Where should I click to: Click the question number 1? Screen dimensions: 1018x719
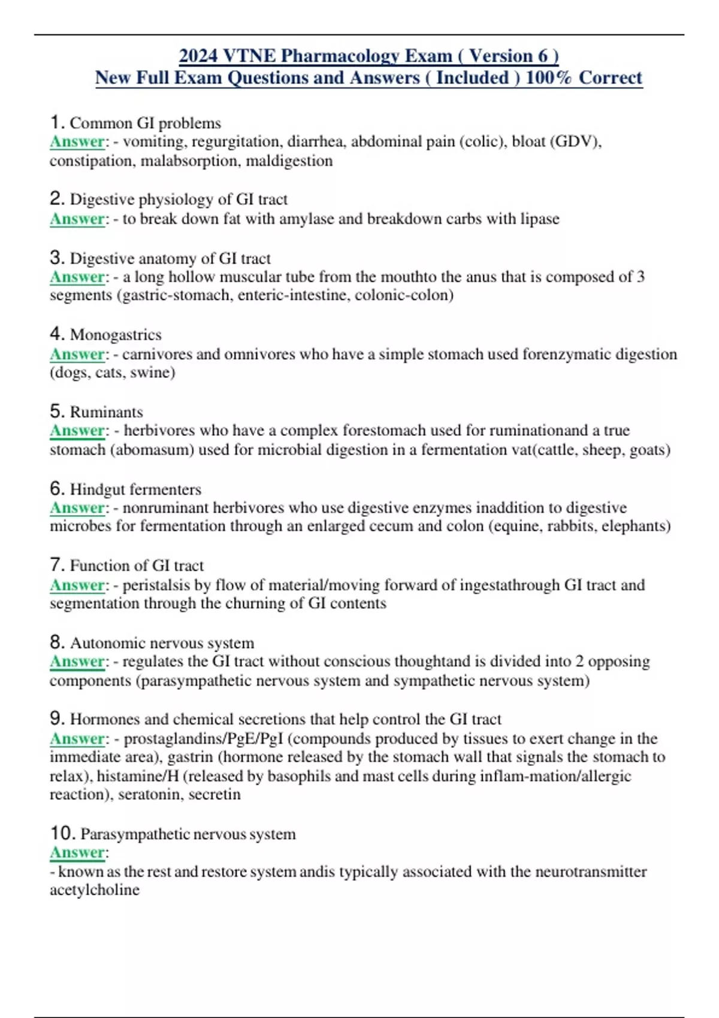(56, 123)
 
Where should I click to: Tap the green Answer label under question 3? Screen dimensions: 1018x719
(77, 277)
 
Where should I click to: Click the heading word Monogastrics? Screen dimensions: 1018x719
(116, 334)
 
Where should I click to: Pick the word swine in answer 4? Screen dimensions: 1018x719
(156, 372)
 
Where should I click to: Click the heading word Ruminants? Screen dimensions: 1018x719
(107, 412)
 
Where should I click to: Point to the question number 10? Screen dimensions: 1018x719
(62, 834)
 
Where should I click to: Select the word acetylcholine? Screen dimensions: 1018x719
(95, 889)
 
